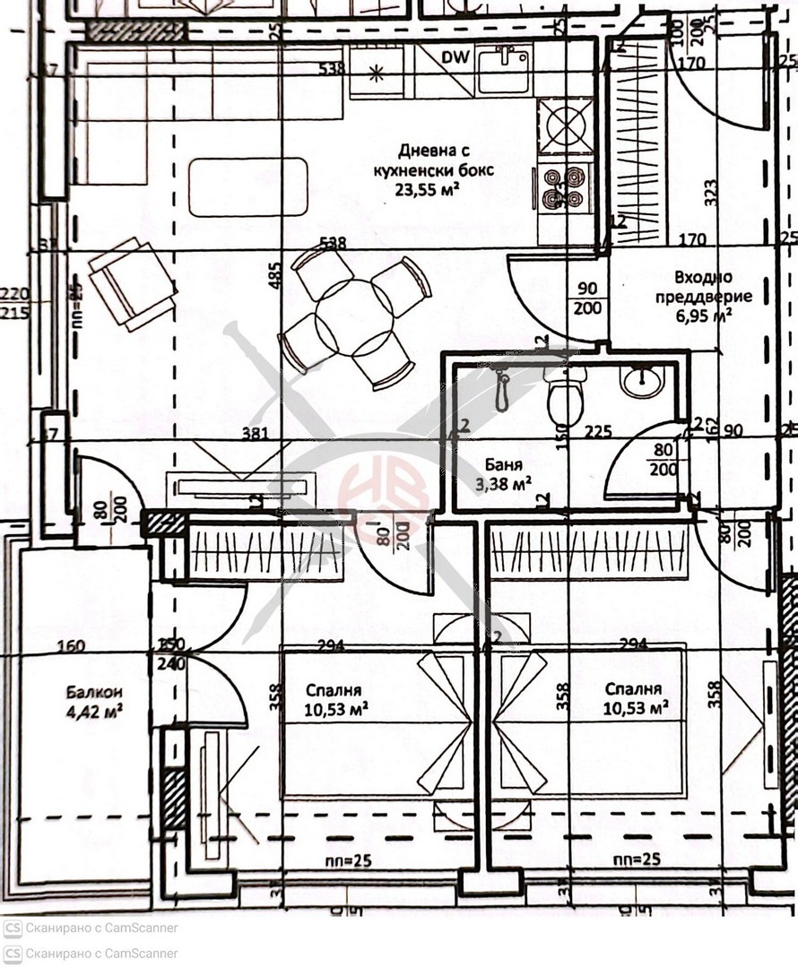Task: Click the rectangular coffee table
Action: click(x=247, y=187)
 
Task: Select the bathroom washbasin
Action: click(x=643, y=382)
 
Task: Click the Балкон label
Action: click(x=93, y=692)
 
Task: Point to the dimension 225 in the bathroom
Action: click(x=598, y=432)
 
